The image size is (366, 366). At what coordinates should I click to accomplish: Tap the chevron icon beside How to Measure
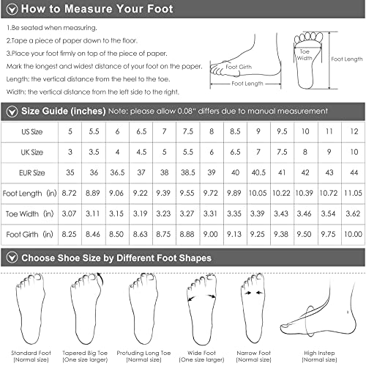coord(11,10)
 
